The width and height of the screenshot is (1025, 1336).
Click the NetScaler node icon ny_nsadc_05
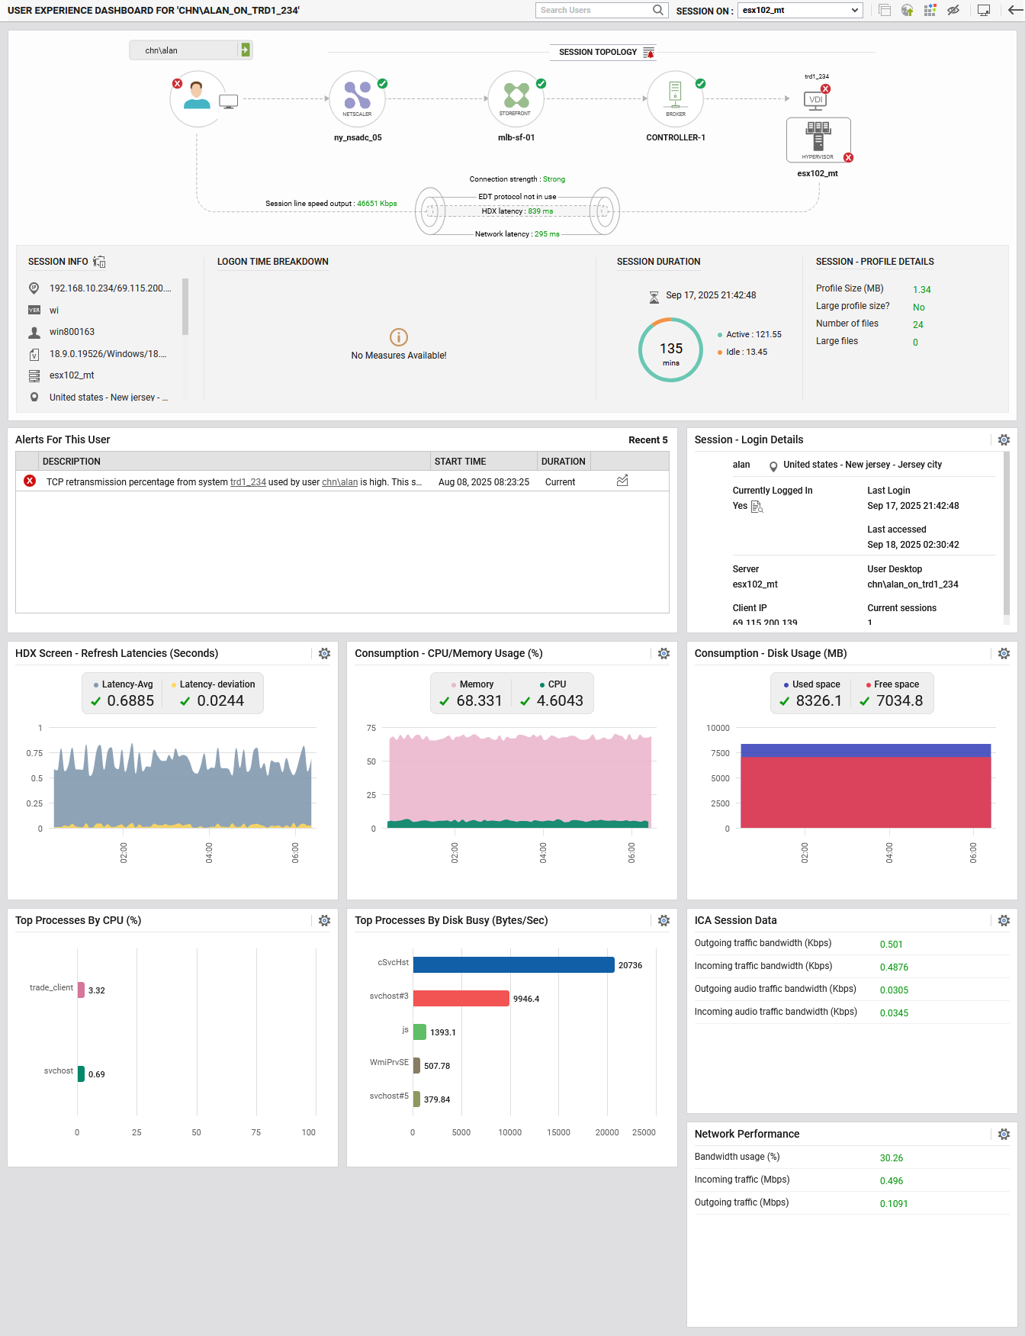pyautogui.click(x=357, y=98)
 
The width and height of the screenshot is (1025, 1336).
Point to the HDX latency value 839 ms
pyautogui.click(x=540, y=211)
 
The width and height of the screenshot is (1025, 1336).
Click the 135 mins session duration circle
pyautogui.click(x=670, y=350)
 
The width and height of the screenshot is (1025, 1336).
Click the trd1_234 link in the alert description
pyautogui.click(x=248, y=482)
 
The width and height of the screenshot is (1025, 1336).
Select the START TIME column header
pyautogui.click(x=460, y=462)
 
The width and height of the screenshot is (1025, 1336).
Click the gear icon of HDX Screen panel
pyautogui.click(x=324, y=654)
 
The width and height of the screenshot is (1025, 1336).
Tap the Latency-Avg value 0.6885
pyautogui.click(x=130, y=700)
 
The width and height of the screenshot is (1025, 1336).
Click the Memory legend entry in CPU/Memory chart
pyautogui.click(x=476, y=684)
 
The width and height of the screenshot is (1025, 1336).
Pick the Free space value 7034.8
pyautogui.click(x=899, y=700)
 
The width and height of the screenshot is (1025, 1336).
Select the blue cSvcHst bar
pyautogui.click(x=513, y=965)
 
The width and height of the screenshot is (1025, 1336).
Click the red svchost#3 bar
pyautogui.click(x=461, y=999)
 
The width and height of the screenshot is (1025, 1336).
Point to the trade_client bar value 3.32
pyautogui.click(x=97, y=990)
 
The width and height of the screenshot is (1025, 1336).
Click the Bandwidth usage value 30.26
pyautogui.click(x=891, y=1158)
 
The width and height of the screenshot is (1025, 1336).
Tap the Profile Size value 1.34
pyautogui.click(x=921, y=290)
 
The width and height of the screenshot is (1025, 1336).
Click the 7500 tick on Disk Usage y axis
pyautogui.click(x=720, y=753)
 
